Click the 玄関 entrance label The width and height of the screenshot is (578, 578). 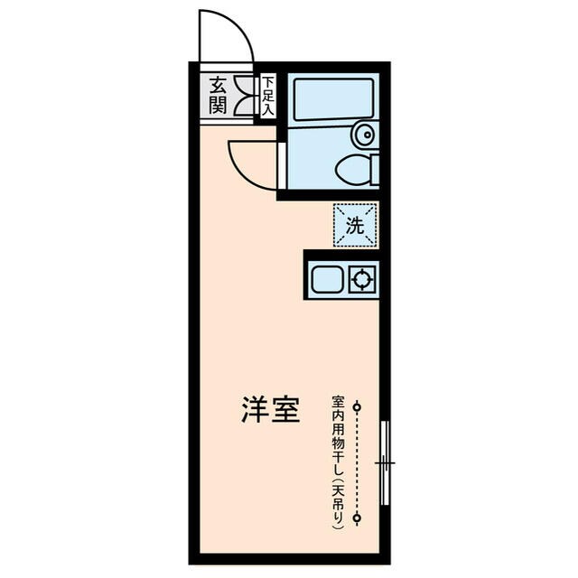218,96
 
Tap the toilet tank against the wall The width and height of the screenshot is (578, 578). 374,169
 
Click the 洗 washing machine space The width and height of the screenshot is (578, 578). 355,225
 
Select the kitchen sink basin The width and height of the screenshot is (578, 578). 327,280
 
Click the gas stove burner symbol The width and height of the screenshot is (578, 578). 363,280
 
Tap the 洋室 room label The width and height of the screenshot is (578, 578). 270,411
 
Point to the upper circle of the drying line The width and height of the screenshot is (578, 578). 358,406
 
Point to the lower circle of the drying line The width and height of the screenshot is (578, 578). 358,518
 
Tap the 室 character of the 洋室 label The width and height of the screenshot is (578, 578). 286,411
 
